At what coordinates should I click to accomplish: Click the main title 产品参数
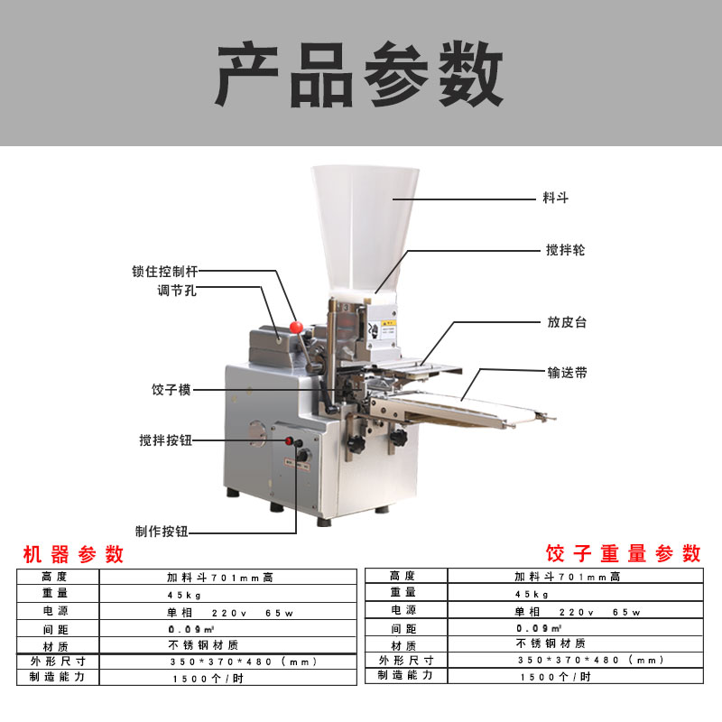pos(359,74)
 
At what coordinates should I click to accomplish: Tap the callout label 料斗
pos(555,198)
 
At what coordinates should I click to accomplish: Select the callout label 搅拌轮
pos(565,250)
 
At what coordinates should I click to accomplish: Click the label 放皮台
pos(567,322)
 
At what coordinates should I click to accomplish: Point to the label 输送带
pos(568,373)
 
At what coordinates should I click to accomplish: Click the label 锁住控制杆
pos(165,272)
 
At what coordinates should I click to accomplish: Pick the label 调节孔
pos(177,291)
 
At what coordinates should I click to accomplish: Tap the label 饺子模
pos(171,390)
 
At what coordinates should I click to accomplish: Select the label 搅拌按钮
pos(166,440)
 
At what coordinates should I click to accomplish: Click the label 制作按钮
pos(162,532)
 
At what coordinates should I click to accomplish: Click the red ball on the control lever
pos(296,328)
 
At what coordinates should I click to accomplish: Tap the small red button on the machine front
pos(289,440)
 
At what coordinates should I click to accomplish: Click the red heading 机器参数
pos(73,554)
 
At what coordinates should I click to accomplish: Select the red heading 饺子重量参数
pos(624,553)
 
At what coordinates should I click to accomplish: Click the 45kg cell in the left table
pos(184,595)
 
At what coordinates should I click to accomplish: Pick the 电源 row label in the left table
pos(56,611)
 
